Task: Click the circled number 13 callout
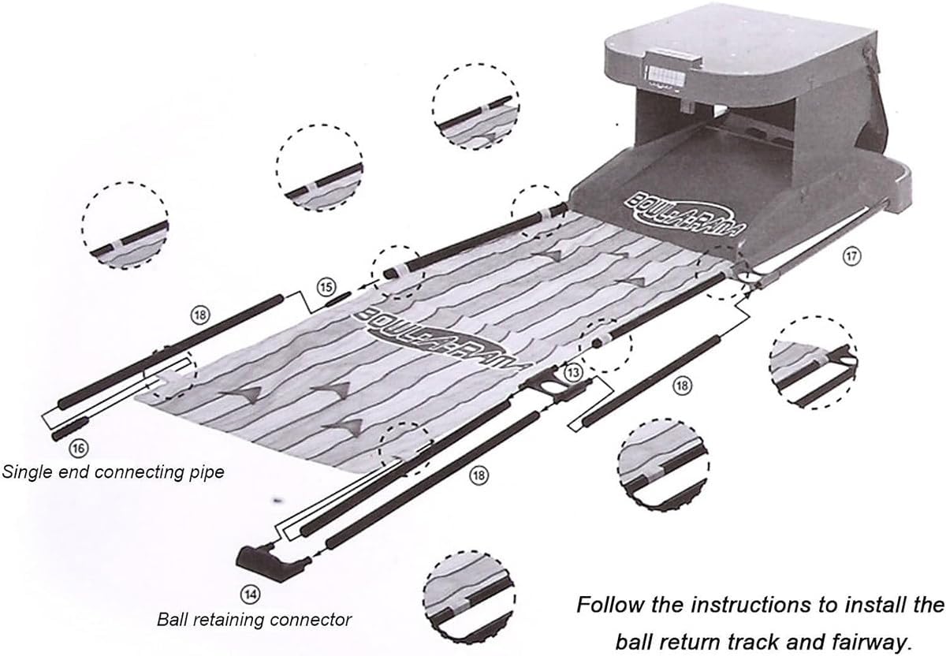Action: (574, 370)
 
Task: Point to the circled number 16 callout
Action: (77, 448)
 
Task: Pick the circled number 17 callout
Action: (851, 255)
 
